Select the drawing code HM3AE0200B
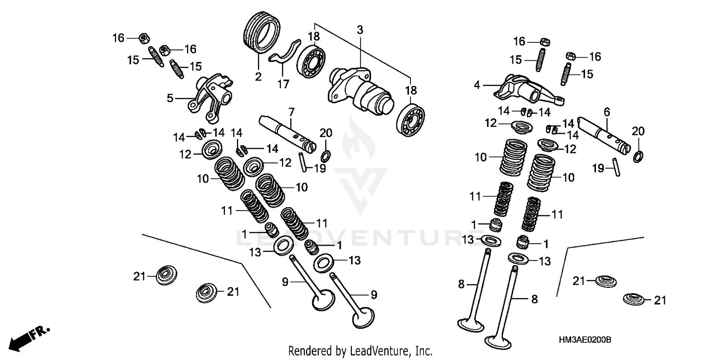click(x=585, y=340)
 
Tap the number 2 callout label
click(x=258, y=76)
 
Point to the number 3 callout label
click(x=360, y=30)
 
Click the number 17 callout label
click(x=283, y=84)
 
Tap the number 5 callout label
click(x=170, y=99)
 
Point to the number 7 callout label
click(x=291, y=112)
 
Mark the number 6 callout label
click(x=607, y=112)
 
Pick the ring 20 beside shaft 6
click(x=639, y=156)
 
